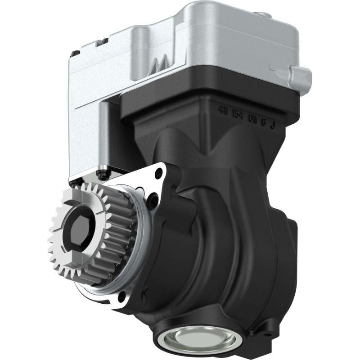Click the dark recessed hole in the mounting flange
[153, 198]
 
